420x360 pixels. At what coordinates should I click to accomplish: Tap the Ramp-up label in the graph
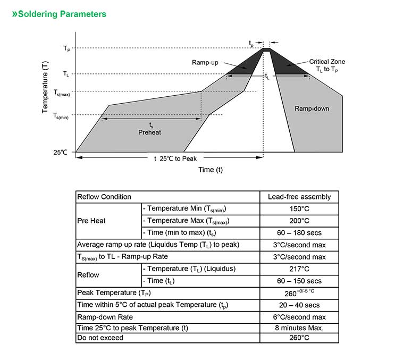pyautogui.click(x=205, y=63)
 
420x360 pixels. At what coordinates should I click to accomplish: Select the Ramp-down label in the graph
pyautogui.click(x=312, y=108)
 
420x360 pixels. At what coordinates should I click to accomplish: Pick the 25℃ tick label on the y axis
pyautogui.click(x=60, y=152)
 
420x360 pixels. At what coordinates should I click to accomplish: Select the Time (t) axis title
pyautogui.click(x=211, y=170)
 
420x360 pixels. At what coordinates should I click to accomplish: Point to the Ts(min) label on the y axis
pyautogui.click(x=61, y=115)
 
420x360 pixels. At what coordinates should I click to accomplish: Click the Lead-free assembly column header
pyautogui.click(x=299, y=197)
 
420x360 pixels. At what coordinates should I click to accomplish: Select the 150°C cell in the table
pyautogui.click(x=299, y=209)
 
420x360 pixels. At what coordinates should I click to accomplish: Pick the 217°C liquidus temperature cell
pyautogui.click(x=299, y=269)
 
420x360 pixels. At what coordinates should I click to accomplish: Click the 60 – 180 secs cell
pyautogui.click(x=299, y=233)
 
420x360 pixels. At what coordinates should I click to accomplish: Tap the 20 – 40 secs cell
pyautogui.click(x=299, y=305)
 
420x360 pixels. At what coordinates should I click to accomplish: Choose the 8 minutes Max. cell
pyautogui.click(x=299, y=328)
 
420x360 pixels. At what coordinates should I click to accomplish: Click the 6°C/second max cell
pyautogui.click(x=299, y=316)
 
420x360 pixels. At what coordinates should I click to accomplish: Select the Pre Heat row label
pyautogui.click(x=91, y=221)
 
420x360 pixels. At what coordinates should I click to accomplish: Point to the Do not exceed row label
pyautogui.click(x=100, y=338)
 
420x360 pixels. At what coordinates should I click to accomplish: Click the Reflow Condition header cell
pyautogui.click(x=104, y=197)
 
